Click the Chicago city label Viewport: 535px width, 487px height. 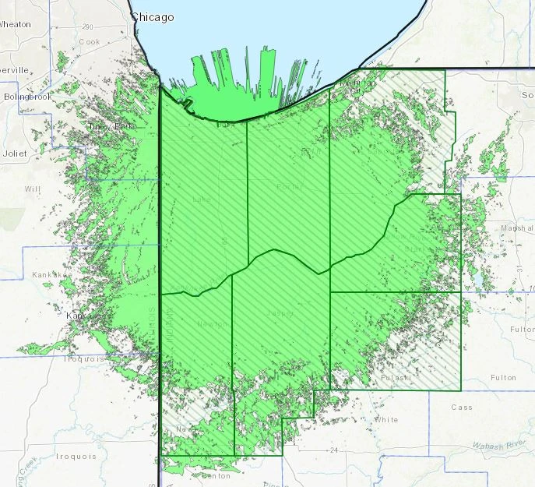coord(152,16)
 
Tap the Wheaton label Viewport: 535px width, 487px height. coord(15,24)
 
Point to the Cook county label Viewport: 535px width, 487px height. coord(90,41)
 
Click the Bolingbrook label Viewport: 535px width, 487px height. coord(26,97)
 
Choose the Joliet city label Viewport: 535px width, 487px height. coord(14,154)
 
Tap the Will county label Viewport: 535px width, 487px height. coord(32,189)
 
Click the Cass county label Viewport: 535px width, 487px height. coord(462,407)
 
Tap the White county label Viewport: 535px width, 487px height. coord(386,420)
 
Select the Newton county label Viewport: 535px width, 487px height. coord(212,324)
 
